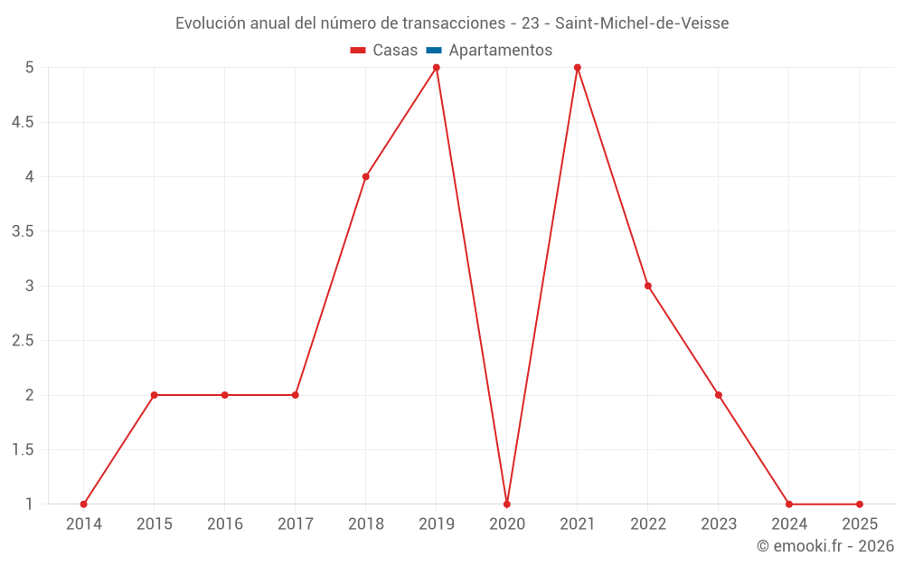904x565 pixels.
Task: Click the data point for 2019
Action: point(437,68)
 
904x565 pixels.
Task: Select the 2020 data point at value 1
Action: point(507,504)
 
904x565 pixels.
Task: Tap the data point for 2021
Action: point(578,68)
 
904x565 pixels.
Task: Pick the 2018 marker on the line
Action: point(366,176)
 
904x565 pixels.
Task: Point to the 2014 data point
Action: point(84,504)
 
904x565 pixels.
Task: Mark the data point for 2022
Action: point(648,286)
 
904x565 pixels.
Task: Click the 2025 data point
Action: point(860,504)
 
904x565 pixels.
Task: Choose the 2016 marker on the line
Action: point(225,395)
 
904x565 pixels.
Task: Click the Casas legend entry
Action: point(395,51)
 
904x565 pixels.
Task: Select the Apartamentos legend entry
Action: point(500,51)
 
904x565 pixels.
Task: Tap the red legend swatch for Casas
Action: point(358,51)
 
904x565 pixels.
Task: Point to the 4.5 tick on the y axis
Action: point(23,122)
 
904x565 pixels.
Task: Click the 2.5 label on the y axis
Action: point(23,341)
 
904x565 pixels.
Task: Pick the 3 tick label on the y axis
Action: point(29,286)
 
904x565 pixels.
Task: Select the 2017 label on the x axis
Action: point(296,524)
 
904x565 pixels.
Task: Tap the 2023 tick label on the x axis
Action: point(719,524)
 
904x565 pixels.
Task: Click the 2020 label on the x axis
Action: point(507,524)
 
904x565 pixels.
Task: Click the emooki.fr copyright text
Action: point(825,546)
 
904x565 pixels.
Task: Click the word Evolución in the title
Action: point(209,24)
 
